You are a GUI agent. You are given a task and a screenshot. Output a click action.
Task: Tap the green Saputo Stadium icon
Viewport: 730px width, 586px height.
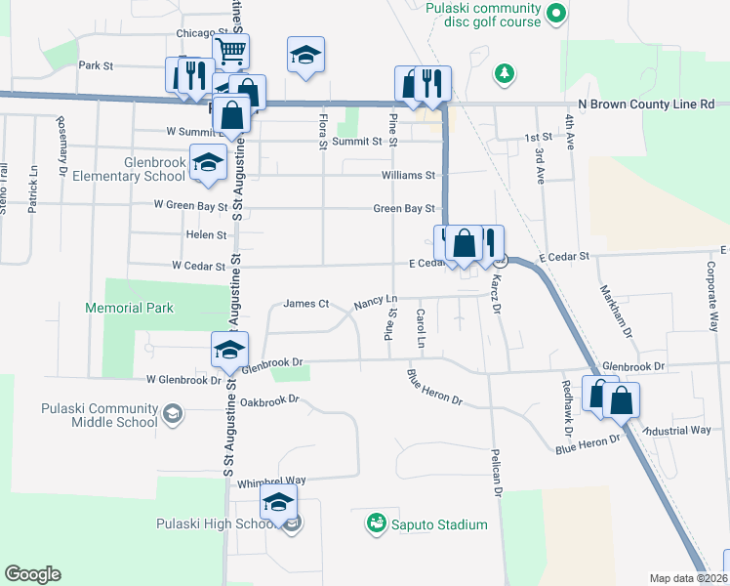[376, 524]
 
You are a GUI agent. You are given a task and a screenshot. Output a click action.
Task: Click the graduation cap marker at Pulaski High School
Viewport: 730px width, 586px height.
[278, 504]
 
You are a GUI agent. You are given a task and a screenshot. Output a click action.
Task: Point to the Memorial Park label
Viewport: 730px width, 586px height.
[129, 308]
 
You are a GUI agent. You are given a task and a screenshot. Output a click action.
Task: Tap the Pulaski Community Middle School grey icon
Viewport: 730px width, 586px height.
[172, 415]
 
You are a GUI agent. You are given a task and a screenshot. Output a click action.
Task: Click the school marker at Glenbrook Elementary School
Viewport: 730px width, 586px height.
[207, 163]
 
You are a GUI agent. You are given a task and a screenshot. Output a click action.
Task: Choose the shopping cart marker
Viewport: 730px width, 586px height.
[231, 51]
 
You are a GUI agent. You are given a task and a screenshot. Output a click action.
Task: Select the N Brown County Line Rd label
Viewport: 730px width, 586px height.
[646, 104]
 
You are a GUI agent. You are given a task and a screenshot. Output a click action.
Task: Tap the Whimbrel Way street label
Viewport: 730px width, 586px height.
[271, 481]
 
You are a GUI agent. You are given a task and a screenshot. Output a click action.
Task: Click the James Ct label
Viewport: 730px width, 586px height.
[305, 304]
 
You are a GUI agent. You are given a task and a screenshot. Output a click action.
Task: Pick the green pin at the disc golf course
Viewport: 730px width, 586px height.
[555, 14]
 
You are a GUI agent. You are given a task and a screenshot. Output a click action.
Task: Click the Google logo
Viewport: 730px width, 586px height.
[32, 574]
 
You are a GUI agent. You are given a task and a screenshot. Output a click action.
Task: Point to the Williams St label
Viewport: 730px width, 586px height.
[408, 176]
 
